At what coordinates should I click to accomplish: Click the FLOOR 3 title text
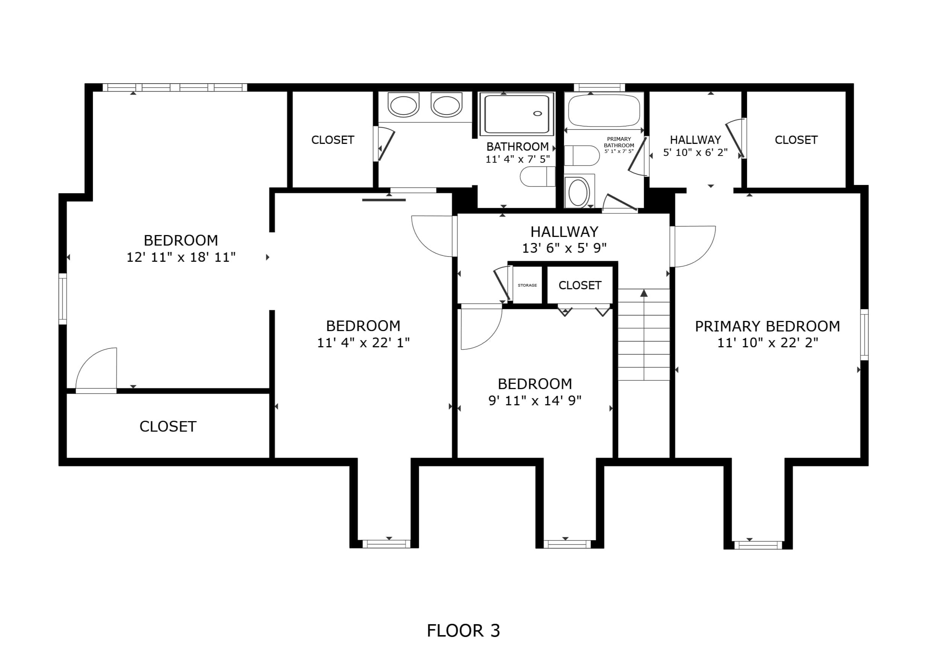463,631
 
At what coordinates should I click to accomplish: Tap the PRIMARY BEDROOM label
767,326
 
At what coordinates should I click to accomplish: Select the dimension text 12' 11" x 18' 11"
181,257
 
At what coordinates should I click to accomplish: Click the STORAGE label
527,285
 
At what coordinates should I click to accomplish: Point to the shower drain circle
538,113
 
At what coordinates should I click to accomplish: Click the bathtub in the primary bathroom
604,110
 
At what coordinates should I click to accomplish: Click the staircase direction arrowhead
644,293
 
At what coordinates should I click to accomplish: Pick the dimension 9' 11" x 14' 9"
535,400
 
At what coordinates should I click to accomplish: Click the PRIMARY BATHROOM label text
619,142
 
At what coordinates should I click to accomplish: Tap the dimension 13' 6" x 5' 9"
565,248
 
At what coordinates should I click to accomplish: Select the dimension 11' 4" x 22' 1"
363,342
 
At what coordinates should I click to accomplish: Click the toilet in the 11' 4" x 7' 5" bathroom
538,177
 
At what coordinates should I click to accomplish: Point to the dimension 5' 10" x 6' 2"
696,153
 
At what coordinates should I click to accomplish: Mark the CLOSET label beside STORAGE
580,285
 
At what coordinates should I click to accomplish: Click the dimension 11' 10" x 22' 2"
767,342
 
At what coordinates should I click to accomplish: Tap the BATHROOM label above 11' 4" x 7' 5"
517,147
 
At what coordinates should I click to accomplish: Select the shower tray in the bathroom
517,114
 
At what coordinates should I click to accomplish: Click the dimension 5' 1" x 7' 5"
619,151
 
